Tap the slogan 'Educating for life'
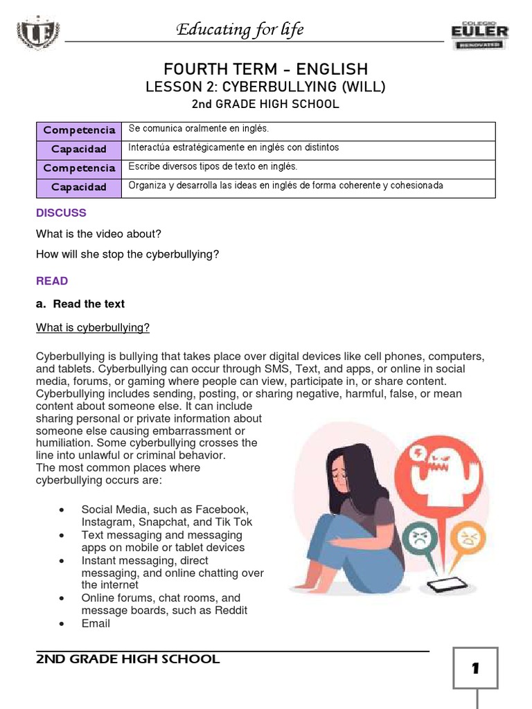(x=240, y=29)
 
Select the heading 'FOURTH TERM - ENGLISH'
(x=265, y=69)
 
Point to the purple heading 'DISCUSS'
(x=61, y=213)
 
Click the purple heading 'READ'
(x=52, y=281)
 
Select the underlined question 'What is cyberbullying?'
(x=93, y=327)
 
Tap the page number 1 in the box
(x=475, y=669)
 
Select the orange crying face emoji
(x=468, y=536)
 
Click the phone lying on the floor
(x=442, y=586)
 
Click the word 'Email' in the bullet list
(x=96, y=623)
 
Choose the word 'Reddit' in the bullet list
(x=231, y=611)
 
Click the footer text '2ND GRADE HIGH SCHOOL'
(x=128, y=659)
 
